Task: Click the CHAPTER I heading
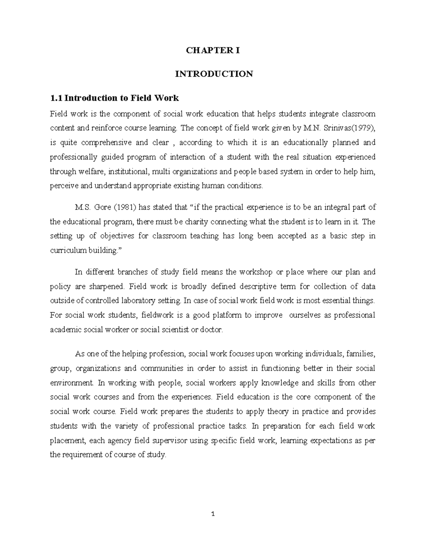213,50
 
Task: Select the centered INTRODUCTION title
213,74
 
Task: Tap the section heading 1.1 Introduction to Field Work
114,98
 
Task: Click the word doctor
212,330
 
